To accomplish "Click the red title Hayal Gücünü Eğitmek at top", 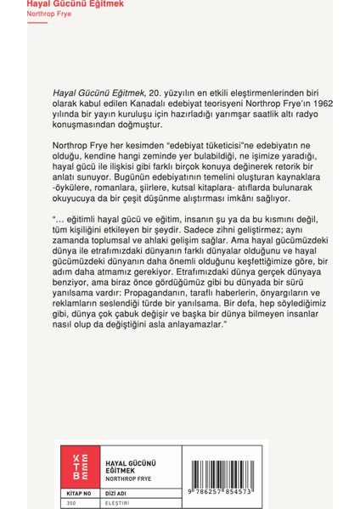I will click(40, 5).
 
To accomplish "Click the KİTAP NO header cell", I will click(77, 491).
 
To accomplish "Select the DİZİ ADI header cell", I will click(104, 491).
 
